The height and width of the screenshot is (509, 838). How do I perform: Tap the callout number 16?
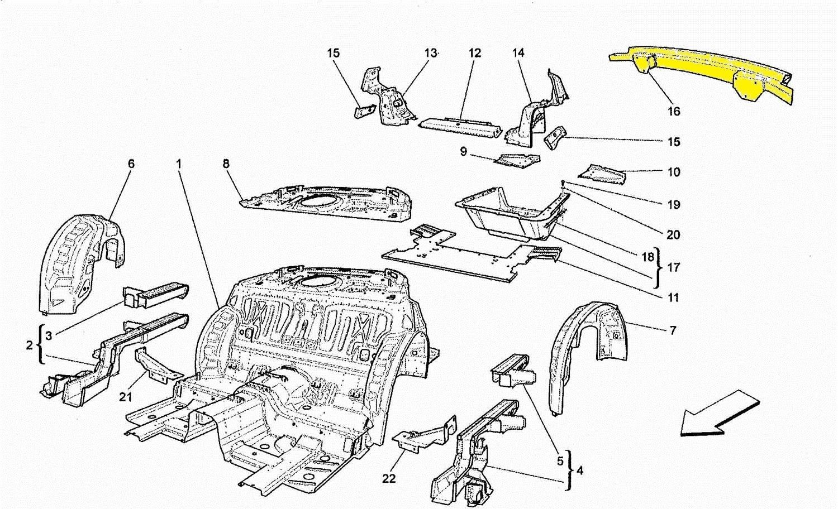(674, 111)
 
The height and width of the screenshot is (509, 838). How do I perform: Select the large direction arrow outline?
(720, 413)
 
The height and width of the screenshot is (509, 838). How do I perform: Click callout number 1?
(179, 164)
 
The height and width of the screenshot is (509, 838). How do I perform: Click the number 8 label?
(226, 164)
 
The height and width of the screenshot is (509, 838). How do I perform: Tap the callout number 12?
(474, 53)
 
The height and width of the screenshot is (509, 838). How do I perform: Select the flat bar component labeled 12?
(458, 126)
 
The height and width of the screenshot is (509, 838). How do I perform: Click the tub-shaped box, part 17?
(508, 215)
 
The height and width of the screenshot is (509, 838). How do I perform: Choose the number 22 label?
(389, 478)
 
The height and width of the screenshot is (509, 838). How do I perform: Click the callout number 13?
(430, 53)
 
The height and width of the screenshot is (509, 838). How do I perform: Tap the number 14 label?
(518, 53)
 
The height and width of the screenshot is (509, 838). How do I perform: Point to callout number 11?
(673, 297)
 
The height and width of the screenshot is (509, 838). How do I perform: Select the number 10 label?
(674, 172)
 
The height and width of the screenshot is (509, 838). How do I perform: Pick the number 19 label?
(674, 204)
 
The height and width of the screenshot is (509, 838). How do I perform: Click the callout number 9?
(463, 151)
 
